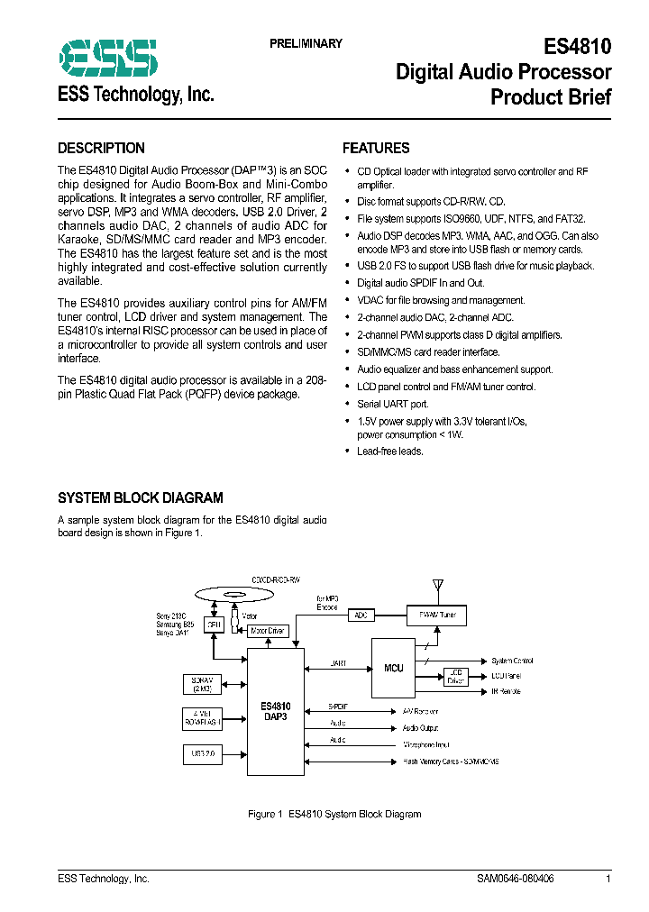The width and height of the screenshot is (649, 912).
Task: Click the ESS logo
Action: pos(108,59)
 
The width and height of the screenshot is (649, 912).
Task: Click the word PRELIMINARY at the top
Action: pos(306,44)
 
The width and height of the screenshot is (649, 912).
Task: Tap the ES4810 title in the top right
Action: pos(578,47)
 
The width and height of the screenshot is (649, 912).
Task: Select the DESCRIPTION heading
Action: pos(101,149)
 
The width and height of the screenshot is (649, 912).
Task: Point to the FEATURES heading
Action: pos(376,149)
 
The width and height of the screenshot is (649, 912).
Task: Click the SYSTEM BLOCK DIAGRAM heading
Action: pos(140,497)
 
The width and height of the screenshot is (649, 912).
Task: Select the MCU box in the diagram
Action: pos(394,668)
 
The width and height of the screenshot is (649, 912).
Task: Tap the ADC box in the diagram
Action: pos(361,615)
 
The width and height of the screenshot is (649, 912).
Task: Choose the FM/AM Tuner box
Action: pos(437,615)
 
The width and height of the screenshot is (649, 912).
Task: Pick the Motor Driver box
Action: pos(268,632)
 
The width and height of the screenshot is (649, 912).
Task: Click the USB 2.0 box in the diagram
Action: pos(201,752)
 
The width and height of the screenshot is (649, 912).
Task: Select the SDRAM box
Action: pos(200,684)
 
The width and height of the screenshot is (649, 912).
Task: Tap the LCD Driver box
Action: pos(455,676)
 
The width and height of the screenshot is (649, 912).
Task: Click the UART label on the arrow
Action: pos(338,663)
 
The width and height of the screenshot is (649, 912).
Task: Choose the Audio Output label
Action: pos(419,727)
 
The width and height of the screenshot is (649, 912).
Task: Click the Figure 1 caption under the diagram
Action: pos(334,814)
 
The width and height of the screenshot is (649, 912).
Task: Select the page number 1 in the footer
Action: pos(608,879)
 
